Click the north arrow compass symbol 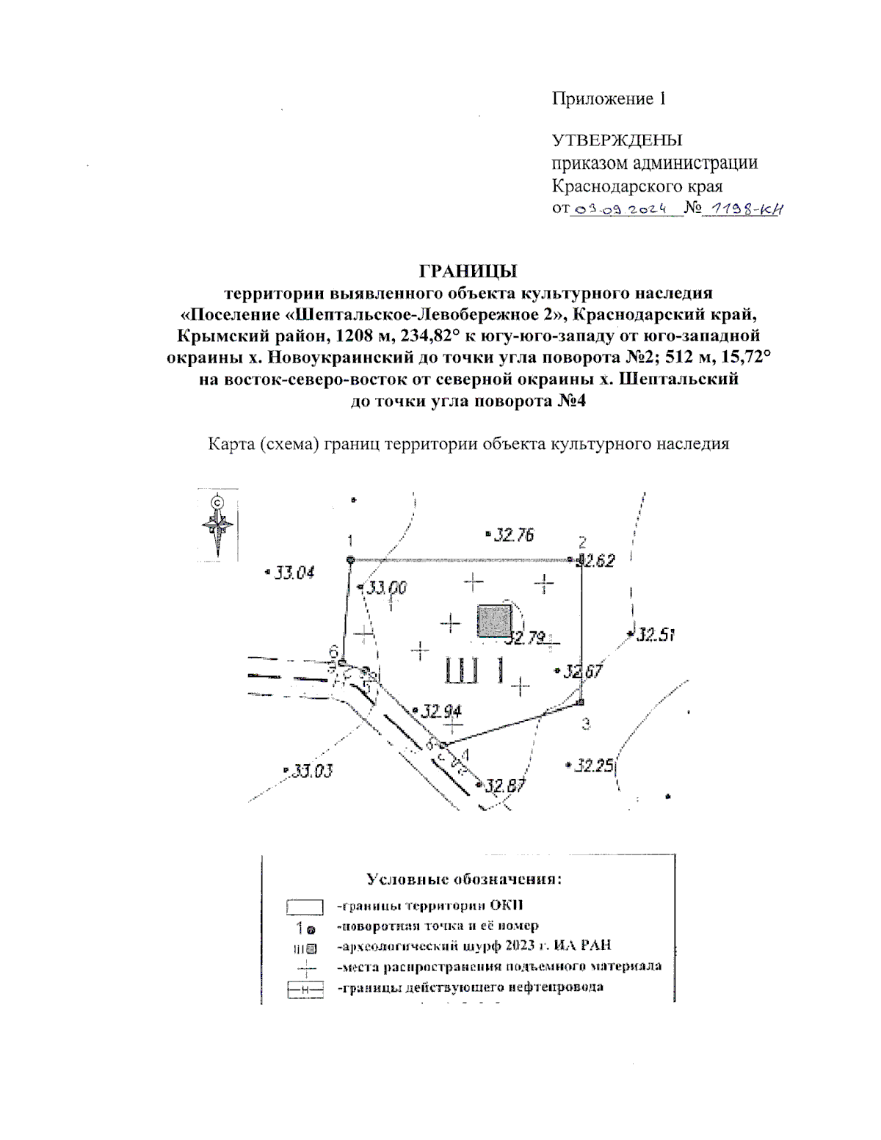point(218,526)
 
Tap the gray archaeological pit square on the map point(494,621)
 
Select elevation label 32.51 point(655,634)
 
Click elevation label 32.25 point(593,766)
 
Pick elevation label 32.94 point(441,711)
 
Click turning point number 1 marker point(350,560)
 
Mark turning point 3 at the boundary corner point(580,702)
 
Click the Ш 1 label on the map point(476,670)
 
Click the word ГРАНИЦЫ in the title point(468,272)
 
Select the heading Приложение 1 point(609,98)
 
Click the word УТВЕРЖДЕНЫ point(617,139)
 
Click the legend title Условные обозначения point(464,879)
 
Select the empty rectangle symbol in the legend point(305,907)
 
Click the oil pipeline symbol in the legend point(305,990)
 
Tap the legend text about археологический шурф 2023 point(474,945)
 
